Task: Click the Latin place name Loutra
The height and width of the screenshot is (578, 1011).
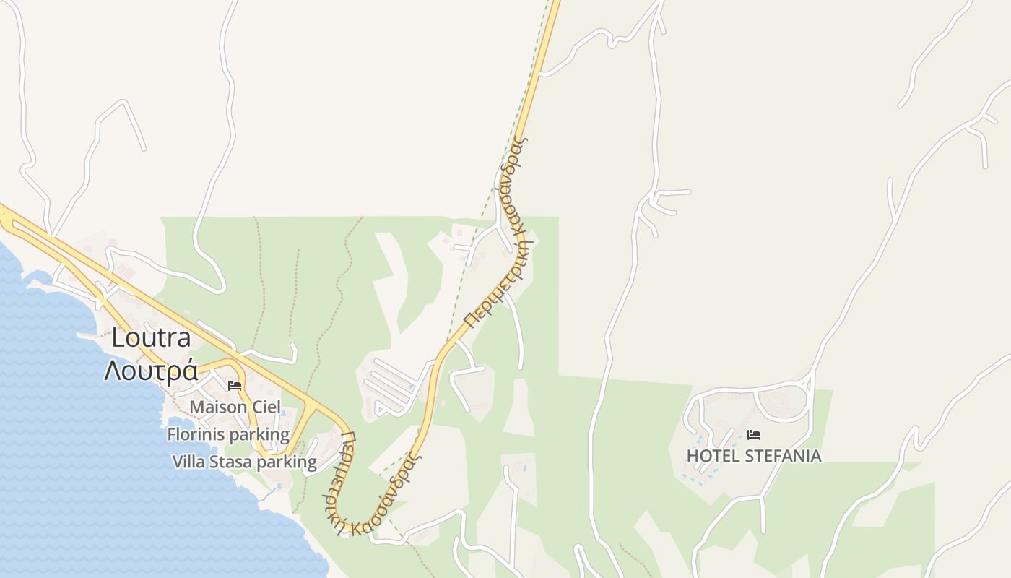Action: coord(151,338)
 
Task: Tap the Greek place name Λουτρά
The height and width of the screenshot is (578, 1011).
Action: coord(151,370)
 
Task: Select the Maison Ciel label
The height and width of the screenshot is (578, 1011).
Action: coord(235,407)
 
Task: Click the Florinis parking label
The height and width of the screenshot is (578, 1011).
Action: coord(228,434)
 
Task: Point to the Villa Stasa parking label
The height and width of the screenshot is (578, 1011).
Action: coord(244,462)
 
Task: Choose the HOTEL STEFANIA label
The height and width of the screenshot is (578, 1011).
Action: coord(754,456)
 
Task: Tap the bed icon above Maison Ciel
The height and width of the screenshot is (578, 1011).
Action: coord(235,386)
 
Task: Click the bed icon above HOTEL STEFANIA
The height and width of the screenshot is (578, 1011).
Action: coord(754,435)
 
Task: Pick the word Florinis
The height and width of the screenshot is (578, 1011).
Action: coord(196,434)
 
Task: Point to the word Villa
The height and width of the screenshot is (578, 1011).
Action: coord(188,462)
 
